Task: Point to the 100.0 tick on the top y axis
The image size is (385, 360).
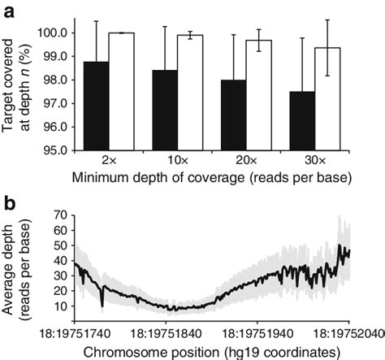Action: pos(54,33)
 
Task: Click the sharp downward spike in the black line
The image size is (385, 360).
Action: pos(102,304)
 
